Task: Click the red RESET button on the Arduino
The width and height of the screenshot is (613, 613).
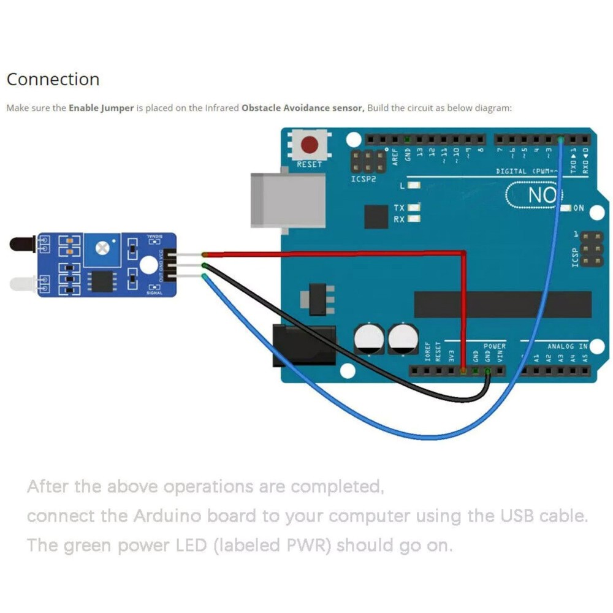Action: tap(310, 145)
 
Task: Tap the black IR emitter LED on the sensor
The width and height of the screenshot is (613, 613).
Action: tap(21, 245)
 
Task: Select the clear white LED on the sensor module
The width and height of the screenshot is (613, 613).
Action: tap(21, 283)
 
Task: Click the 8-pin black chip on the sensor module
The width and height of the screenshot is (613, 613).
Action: tap(99, 281)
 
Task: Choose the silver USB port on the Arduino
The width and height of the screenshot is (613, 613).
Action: tap(287, 200)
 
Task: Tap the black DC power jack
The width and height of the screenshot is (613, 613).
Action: tap(303, 345)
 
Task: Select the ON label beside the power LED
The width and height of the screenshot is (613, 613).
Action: tap(579, 208)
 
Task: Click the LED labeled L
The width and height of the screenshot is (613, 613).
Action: tap(414, 185)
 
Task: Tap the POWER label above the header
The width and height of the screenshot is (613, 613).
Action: tap(494, 347)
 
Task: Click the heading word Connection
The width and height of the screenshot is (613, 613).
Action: tap(53, 80)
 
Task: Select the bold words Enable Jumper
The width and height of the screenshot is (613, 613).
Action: tap(101, 108)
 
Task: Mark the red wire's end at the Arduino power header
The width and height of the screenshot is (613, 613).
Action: tap(463, 370)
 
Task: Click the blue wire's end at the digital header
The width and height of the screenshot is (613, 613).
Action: tap(560, 140)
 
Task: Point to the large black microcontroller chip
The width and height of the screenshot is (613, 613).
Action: tap(503, 304)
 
